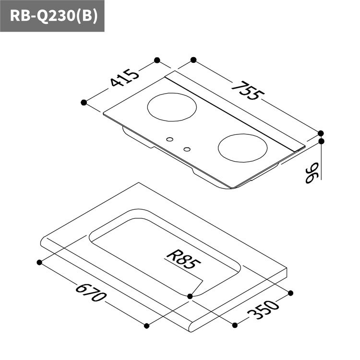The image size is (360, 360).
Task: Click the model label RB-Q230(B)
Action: pos(52,16)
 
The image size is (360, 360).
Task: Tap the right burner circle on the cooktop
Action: pos(242,148)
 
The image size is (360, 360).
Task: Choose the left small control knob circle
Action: pos(169,140)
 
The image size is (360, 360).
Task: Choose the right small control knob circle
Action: pos(187,149)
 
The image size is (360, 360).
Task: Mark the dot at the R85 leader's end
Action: pos(191,296)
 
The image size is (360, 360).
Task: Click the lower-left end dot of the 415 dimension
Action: pos(84,102)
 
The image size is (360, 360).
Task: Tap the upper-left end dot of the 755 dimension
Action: pos(193,60)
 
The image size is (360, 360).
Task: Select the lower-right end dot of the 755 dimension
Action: pos(321,133)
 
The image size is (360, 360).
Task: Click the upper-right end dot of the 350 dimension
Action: pos(291,293)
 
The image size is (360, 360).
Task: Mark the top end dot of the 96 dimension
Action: pos(321,141)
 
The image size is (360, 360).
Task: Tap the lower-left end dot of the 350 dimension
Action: pos(235,325)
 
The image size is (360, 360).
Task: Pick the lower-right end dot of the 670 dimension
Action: pos(147,326)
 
